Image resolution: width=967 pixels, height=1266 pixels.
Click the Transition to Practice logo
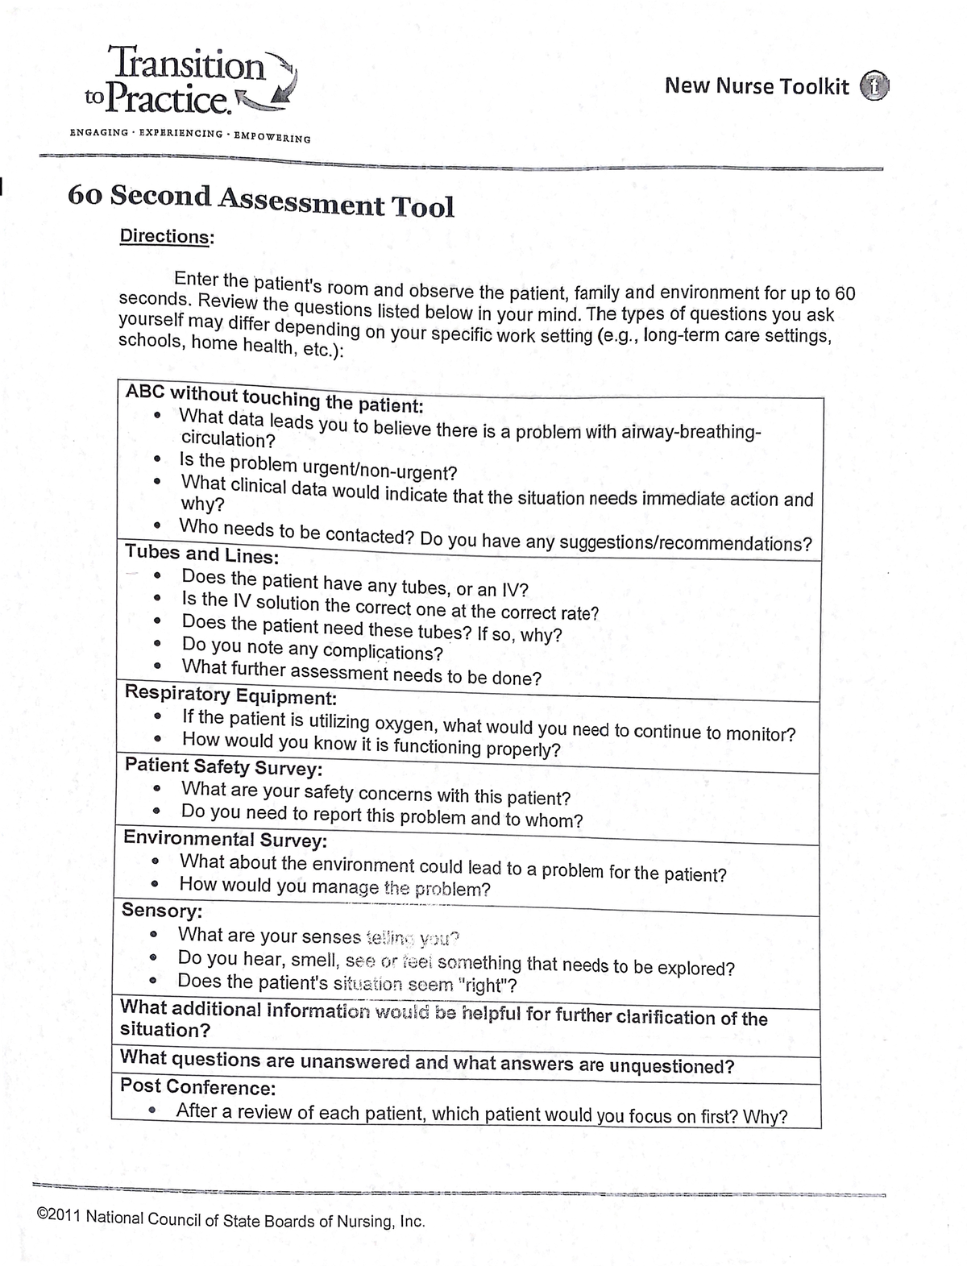click(x=189, y=81)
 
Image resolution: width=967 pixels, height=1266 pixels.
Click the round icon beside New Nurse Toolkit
click(x=874, y=86)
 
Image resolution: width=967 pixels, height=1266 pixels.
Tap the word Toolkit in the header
click(x=813, y=86)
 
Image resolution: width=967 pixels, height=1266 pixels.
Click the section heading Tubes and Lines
click(x=202, y=554)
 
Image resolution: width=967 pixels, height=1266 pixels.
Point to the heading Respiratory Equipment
click(x=230, y=695)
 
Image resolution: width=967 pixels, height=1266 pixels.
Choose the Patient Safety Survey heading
click(x=223, y=766)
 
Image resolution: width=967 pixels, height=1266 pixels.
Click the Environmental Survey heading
click(x=225, y=839)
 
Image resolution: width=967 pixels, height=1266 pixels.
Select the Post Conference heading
click(x=197, y=1086)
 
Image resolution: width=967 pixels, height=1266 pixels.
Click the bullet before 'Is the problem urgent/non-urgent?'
click(x=159, y=460)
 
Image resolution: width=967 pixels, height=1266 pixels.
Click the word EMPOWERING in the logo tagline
click(x=272, y=136)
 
